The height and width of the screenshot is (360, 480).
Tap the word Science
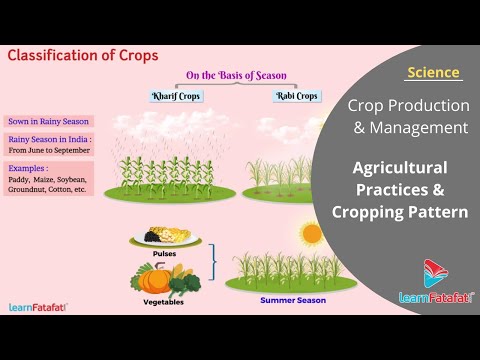(x=434, y=72)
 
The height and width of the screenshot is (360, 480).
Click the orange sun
(x=311, y=234)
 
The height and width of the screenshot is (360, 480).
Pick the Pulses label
(x=165, y=254)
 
